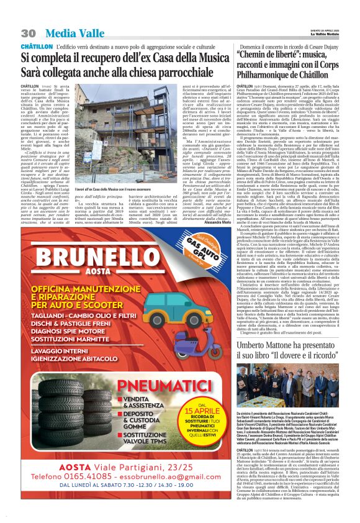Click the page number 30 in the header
pos(29,33)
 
